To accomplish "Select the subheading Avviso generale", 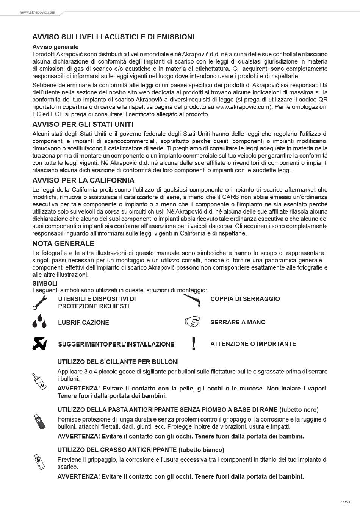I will click(55, 47).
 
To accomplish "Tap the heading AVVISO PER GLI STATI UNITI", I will click(83, 125).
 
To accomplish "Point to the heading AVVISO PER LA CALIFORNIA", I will click(83, 180).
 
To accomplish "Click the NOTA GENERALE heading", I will click(63, 244).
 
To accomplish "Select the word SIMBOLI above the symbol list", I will click(45, 283).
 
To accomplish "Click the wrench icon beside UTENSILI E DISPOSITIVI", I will click(39, 303).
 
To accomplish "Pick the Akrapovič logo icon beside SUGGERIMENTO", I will click(39, 343).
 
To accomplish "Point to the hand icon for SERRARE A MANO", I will click(193, 322).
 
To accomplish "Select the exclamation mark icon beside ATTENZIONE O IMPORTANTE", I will click(194, 343).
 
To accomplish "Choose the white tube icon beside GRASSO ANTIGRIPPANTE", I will click(39, 462).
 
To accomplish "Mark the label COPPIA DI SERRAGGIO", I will click(245, 299).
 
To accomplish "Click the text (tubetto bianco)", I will click(201, 450).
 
